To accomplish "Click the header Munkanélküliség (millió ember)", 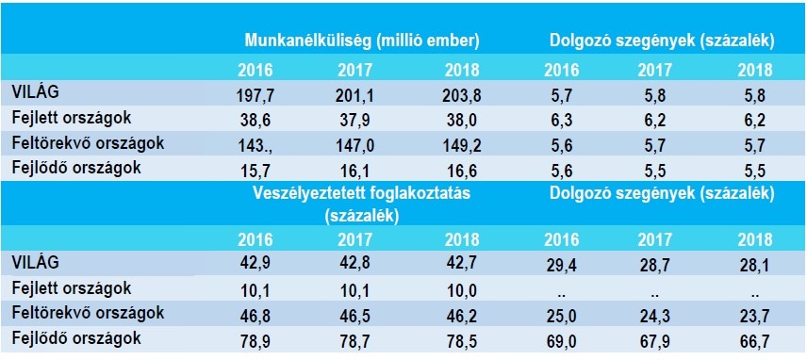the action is [x=362, y=41].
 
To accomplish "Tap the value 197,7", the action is [x=255, y=96].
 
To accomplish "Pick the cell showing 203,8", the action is [x=462, y=96].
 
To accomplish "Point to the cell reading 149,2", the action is [x=462, y=145].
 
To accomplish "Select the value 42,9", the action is [x=255, y=264].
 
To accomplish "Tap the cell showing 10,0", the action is [x=462, y=289].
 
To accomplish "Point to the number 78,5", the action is [x=462, y=340].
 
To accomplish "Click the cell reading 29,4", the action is [x=563, y=267].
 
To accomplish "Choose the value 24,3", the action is [x=656, y=315].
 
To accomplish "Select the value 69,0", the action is [x=563, y=340].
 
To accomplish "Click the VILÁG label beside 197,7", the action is [x=36, y=92].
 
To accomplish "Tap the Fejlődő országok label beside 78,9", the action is [x=76, y=338].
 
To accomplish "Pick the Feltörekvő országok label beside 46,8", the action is [x=88, y=313].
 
